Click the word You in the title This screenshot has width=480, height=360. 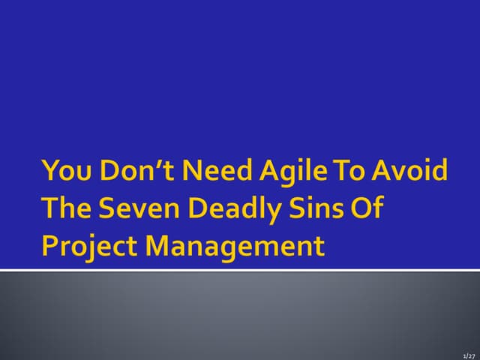pyautogui.click(x=62, y=172)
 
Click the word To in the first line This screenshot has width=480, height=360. pyautogui.click(x=344, y=172)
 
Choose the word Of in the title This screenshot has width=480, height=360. pyautogui.click(x=364, y=208)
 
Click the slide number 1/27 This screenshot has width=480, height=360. pyautogui.click(x=469, y=353)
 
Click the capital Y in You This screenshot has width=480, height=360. pyautogui.click(x=49, y=172)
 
